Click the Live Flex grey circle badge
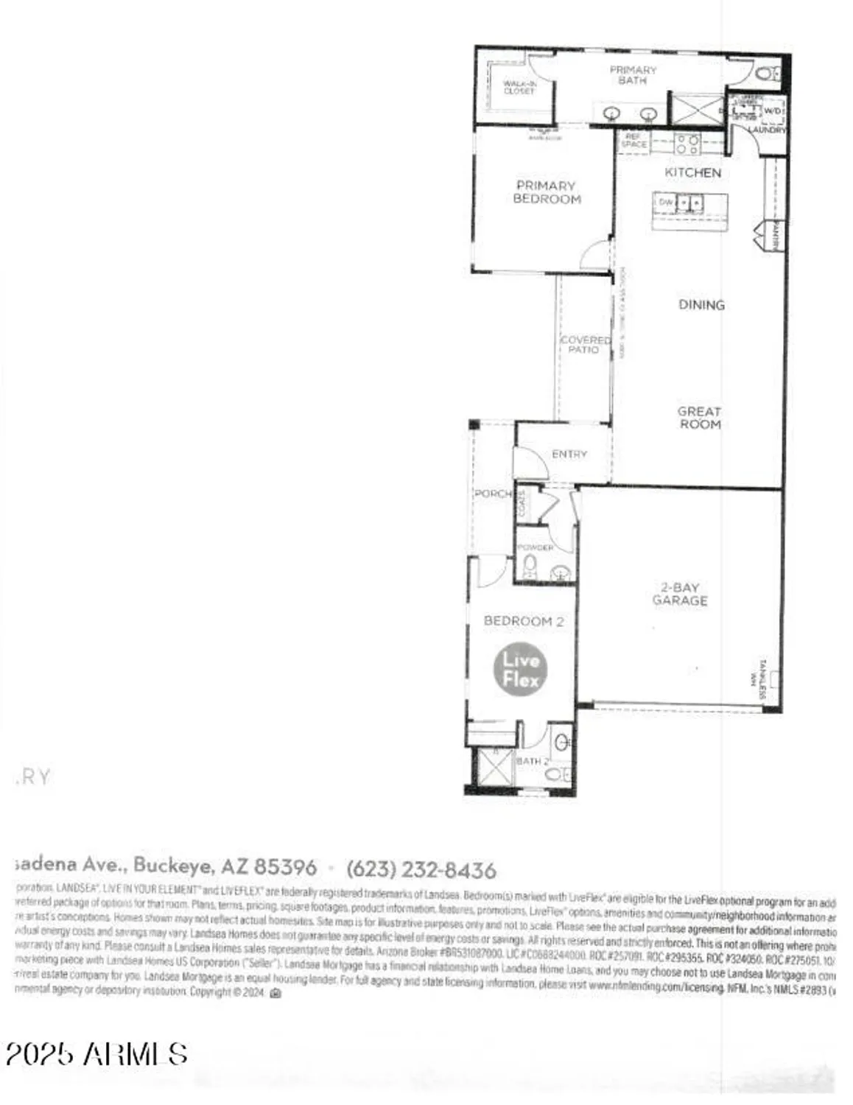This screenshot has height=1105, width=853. click(x=520, y=669)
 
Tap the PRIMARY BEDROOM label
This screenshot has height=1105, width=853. click(x=547, y=192)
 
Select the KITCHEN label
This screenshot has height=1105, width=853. click(x=692, y=172)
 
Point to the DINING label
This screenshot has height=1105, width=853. click(x=701, y=304)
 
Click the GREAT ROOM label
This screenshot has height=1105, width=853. click(x=700, y=418)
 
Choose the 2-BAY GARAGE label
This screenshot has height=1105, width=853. click(x=679, y=594)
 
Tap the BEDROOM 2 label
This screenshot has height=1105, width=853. click(x=523, y=621)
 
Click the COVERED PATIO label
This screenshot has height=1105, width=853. click(x=585, y=344)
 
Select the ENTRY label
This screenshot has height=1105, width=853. click(x=569, y=454)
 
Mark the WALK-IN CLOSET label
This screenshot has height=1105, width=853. click(x=519, y=88)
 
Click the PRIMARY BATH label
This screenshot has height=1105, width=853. click(x=632, y=75)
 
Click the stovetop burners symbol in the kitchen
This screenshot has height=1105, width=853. click(x=688, y=144)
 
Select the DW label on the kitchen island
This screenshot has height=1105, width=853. click(x=666, y=202)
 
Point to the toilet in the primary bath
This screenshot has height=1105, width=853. click(x=766, y=73)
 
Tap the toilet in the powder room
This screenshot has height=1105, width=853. click(x=529, y=567)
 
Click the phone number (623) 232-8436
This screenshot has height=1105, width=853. click(x=421, y=869)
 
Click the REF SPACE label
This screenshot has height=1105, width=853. click(x=633, y=140)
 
